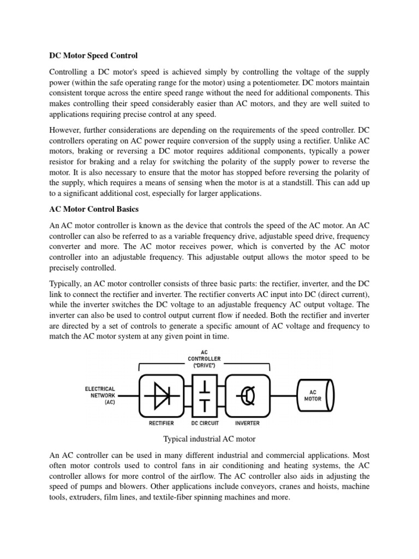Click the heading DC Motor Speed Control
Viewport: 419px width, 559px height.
pyautogui.click(x=93, y=56)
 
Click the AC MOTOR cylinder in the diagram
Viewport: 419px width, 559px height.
pyautogui.click(x=315, y=395)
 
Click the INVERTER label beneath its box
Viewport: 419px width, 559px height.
pyautogui.click(x=247, y=423)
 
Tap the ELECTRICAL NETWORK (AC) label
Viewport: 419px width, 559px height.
pyautogui.click(x=99, y=396)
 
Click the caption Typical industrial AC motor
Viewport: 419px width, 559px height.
pyautogui.click(x=209, y=438)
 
